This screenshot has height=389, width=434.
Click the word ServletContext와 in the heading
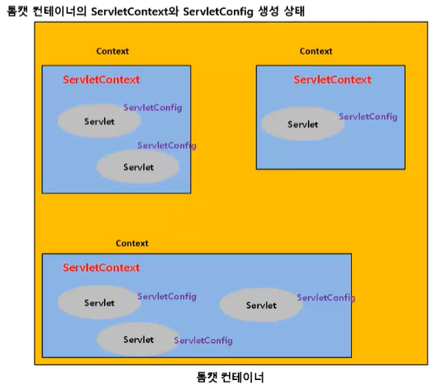(x=135, y=11)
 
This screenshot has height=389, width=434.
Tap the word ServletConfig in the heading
(x=218, y=12)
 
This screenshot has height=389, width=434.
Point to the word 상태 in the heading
(x=295, y=11)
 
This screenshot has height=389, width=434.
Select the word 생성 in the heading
(x=268, y=11)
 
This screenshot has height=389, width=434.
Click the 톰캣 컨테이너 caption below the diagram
(x=230, y=377)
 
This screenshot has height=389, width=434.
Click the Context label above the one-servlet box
(x=316, y=51)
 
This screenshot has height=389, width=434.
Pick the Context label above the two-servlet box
(x=112, y=51)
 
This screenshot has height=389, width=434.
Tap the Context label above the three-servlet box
(x=132, y=243)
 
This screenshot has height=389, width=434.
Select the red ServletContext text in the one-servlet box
(x=332, y=80)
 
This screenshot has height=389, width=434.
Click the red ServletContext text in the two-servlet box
(x=101, y=80)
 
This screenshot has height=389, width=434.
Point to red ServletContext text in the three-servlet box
(x=101, y=268)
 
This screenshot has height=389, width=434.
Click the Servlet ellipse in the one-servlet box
(x=303, y=124)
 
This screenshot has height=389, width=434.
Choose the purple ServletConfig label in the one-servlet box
(x=368, y=117)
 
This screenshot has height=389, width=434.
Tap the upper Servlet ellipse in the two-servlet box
(x=99, y=121)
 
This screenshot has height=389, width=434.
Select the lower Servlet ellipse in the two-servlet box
(x=138, y=167)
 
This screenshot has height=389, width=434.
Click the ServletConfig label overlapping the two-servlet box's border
(x=167, y=145)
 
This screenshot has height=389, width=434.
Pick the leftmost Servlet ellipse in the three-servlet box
(x=99, y=302)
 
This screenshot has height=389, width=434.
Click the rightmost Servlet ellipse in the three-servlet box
(x=261, y=304)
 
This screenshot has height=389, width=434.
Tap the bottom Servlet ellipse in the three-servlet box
(x=138, y=339)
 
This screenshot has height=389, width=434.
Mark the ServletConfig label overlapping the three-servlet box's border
(x=326, y=298)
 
